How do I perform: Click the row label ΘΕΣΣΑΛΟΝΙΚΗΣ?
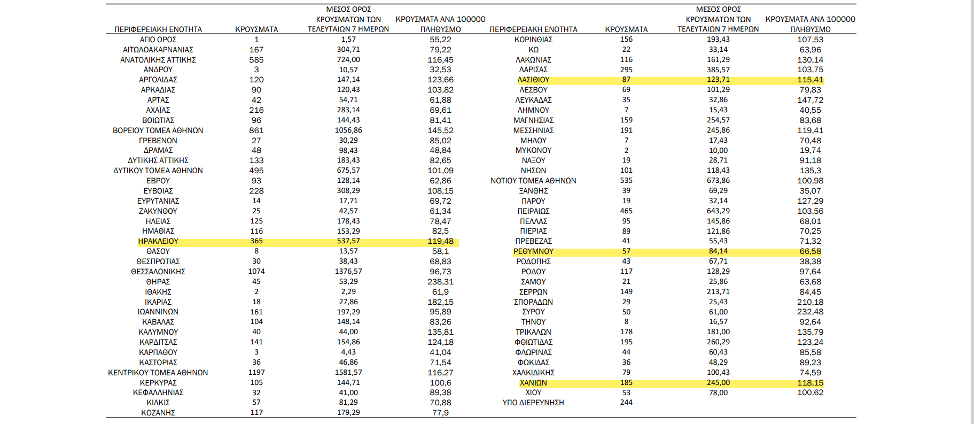pyautogui.click(x=158, y=272)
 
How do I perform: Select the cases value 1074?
pyautogui.click(x=256, y=272)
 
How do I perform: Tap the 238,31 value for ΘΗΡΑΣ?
pyautogui.click(x=440, y=282)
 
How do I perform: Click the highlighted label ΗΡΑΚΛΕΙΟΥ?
pyautogui.click(x=158, y=241)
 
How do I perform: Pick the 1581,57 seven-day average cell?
pyautogui.click(x=348, y=372)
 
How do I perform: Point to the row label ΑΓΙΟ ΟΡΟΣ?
pyautogui.click(x=158, y=40)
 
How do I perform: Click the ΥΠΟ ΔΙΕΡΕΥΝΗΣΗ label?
pyautogui.click(x=533, y=403)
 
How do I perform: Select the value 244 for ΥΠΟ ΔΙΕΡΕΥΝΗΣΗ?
pyautogui.click(x=626, y=403)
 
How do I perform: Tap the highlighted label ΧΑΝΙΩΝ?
pyautogui.click(x=533, y=383)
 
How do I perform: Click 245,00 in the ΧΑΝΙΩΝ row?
pyautogui.click(x=718, y=383)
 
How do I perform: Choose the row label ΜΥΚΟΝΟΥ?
pyautogui.click(x=533, y=150)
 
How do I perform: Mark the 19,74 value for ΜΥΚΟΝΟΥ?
pyautogui.click(x=810, y=150)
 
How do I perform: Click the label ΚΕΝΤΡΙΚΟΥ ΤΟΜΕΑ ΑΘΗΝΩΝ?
pyautogui.click(x=158, y=373)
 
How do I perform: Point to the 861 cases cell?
pyautogui.click(x=256, y=130)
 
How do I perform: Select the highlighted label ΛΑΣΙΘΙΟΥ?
pyautogui.click(x=533, y=80)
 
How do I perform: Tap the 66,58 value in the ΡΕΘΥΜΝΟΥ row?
pyautogui.click(x=810, y=251)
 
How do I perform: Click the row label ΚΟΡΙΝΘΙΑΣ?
pyautogui.click(x=533, y=40)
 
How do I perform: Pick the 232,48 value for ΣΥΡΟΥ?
pyautogui.click(x=810, y=312)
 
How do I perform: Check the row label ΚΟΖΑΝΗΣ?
pyautogui.click(x=158, y=413)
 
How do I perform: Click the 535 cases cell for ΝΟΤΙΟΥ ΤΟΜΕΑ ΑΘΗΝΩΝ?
pyautogui.click(x=626, y=181)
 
